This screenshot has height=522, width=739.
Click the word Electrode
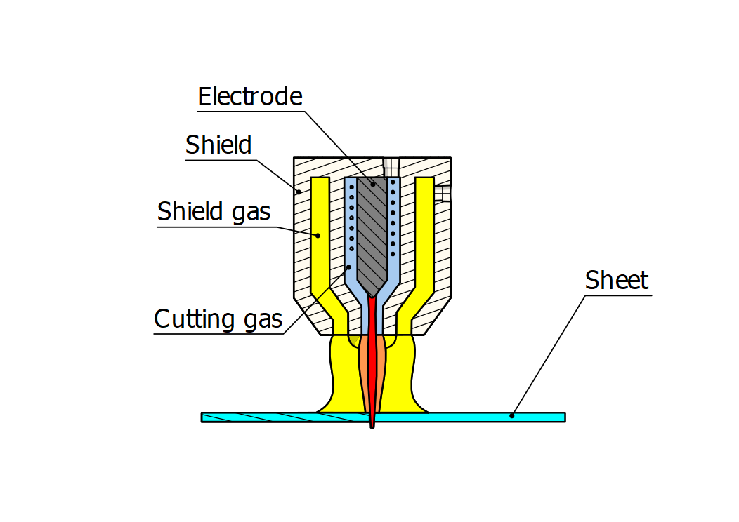249,97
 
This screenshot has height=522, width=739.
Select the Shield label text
218,145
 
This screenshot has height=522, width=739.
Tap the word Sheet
616,281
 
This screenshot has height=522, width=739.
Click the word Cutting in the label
194,319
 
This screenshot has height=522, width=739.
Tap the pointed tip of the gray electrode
372,293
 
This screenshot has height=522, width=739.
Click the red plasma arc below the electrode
371,365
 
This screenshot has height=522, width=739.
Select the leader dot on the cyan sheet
512,416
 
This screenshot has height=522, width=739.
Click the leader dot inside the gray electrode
374,184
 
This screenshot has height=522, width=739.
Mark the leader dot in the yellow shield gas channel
318,236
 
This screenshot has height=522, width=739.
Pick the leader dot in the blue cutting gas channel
349,267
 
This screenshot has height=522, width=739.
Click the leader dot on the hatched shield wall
299,190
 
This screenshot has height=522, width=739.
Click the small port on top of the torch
391,166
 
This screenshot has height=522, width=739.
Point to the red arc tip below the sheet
372,425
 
